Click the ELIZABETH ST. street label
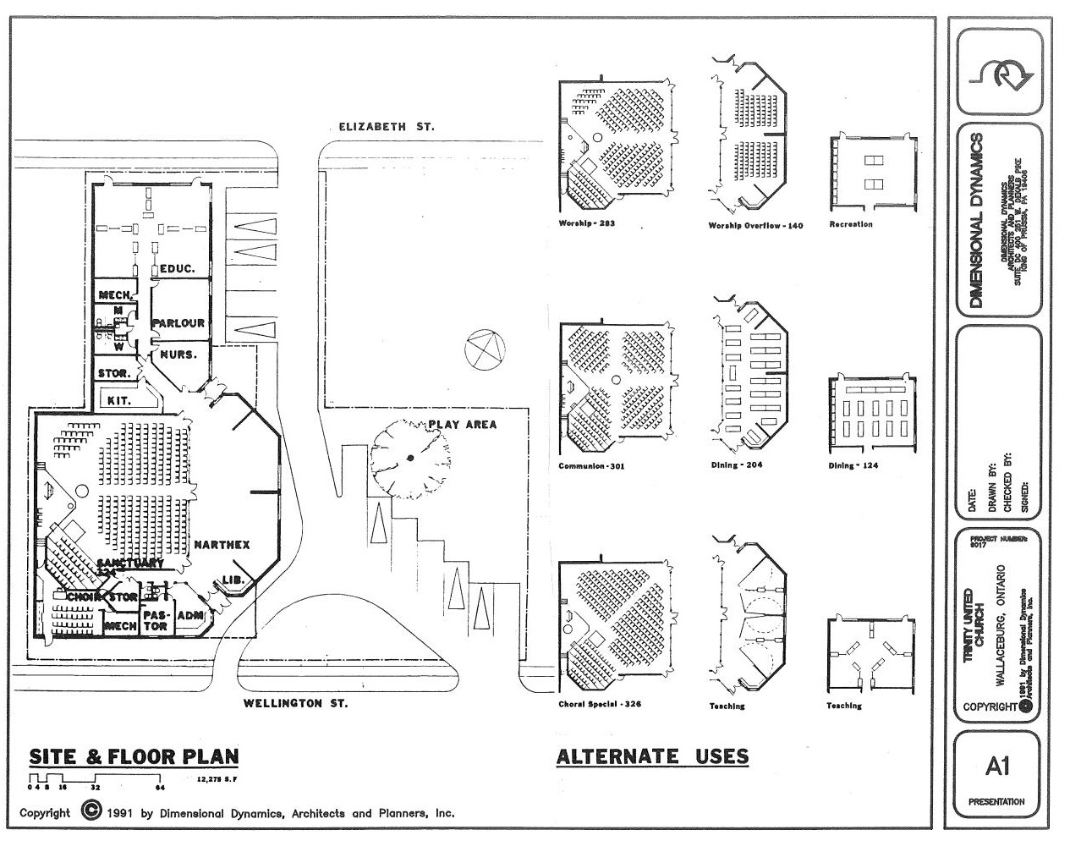387,127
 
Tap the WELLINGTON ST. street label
295,703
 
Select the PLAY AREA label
462,425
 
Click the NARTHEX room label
222,545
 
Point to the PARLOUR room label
178,323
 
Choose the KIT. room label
119,400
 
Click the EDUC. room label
178,268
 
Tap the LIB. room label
233,580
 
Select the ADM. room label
190,615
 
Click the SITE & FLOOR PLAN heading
134,756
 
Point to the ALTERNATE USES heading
652,756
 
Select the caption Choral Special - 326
600,704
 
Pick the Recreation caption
851,224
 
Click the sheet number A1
997,767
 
